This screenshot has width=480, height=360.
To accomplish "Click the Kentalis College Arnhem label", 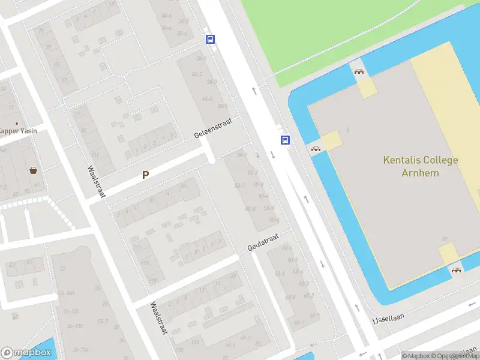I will (421, 167).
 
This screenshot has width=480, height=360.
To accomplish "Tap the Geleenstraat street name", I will (213, 127).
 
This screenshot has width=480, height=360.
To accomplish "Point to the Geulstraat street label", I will (263, 243).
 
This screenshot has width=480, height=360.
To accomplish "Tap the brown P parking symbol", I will (145, 175).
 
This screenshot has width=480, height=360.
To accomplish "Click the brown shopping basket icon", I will (33, 170).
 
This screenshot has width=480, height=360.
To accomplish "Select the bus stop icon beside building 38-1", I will (210, 40).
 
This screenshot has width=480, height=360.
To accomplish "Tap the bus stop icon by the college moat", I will (285, 140).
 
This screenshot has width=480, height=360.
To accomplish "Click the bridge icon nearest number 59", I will (457, 270).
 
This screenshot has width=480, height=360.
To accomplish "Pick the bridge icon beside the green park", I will (359, 72).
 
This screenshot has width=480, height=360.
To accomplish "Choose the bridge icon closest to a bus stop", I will (316, 149).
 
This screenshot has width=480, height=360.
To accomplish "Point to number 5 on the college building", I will (348, 130).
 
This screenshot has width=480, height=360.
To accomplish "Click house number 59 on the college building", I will (445, 239).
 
